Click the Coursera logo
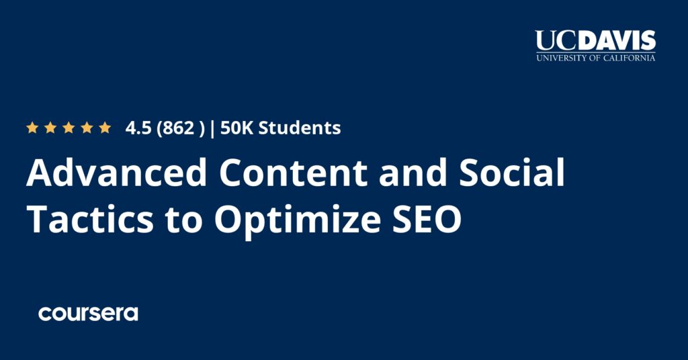(x=88, y=313)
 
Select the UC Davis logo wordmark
(x=595, y=41)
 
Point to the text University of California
(x=595, y=58)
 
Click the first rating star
(x=32, y=128)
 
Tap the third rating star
(x=69, y=128)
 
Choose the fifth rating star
(x=105, y=128)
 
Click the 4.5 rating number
(x=138, y=128)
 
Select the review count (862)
(x=179, y=128)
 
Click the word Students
(x=300, y=128)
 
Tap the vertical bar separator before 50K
(x=212, y=128)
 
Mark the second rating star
(x=50, y=128)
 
